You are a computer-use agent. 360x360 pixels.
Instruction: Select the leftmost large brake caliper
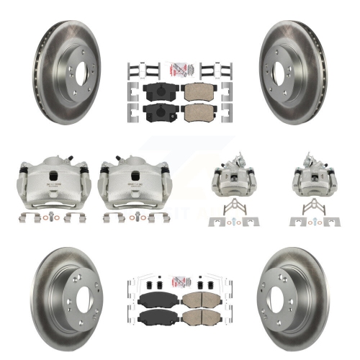(45, 183)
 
